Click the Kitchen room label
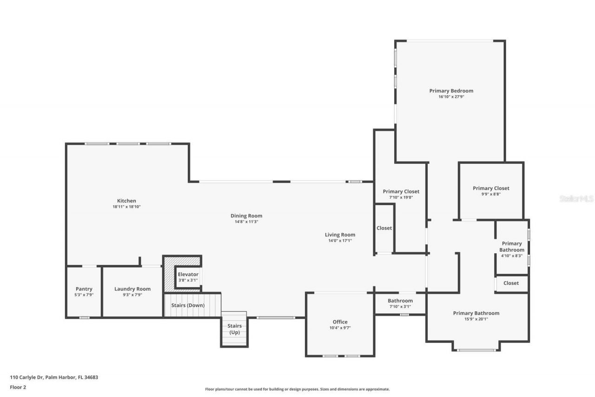(x=126, y=201)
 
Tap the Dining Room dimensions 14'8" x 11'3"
(x=246, y=222)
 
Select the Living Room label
(x=340, y=235)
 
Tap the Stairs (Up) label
(x=234, y=329)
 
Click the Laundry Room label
(x=132, y=289)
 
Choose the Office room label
(x=340, y=322)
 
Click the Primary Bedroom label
(x=451, y=91)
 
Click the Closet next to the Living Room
(x=384, y=228)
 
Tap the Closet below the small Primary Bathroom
(x=511, y=283)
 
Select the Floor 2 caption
(x=18, y=387)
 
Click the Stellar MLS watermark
(x=576, y=199)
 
